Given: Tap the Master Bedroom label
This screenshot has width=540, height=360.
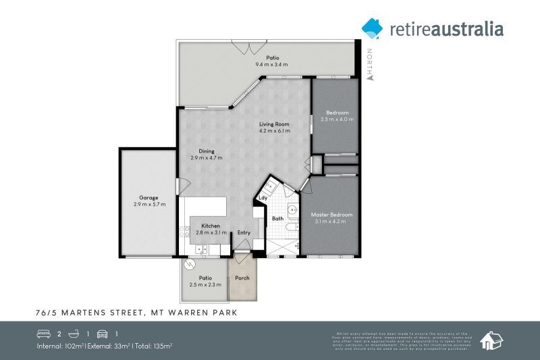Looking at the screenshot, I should pos(331,215).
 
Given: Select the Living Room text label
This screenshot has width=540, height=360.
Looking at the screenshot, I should pos(275,124).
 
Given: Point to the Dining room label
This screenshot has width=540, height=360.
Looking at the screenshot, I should pos(207,151).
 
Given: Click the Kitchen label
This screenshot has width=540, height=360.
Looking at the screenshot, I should pos(211,226).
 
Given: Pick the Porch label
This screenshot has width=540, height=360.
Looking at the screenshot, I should pos(242,278).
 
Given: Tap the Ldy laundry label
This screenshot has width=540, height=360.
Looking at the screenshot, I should pos(263,198).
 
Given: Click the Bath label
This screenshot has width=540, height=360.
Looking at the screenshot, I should pos(277,219).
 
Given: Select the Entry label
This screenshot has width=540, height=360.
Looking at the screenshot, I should pos(244,233).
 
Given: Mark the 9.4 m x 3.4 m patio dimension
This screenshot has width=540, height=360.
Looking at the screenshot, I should pos(272,64).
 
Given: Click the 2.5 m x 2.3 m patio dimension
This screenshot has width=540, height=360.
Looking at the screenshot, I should pos(206,284).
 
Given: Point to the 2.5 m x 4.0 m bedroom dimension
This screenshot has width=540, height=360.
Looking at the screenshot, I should pos(337,119).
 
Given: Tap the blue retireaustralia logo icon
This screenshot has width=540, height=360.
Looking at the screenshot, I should pos(372,28).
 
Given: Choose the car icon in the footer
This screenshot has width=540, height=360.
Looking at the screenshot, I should pos(103,334).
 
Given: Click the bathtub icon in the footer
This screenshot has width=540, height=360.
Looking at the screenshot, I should pos(73,334).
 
